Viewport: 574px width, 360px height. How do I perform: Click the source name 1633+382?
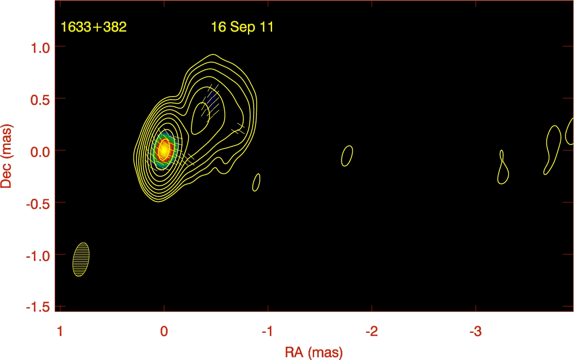pyautogui.click(x=93, y=27)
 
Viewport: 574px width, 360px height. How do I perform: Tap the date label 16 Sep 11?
pyautogui.click(x=242, y=27)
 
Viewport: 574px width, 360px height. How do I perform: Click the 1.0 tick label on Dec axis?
pyautogui.click(x=40, y=48)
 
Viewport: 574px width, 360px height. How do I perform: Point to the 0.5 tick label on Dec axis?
pyautogui.click(x=40, y=100)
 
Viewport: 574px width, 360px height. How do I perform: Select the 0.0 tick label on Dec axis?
pyautogui.click(x=40, y=152)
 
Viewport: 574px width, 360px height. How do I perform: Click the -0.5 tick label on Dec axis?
pyautogui.click(x=38, y=204)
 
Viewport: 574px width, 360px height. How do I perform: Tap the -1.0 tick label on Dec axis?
pyautogui.click(x=38, y=256)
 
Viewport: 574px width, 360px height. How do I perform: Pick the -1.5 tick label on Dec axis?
pyautogui.click(x=38, y=307)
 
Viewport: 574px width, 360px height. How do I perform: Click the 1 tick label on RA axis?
pyautogui.click(x=60, y=331)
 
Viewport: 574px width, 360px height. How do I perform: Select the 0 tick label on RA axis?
pyautogui.click(x=164, y=331)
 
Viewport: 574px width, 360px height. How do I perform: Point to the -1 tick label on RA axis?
pyautogui.click(x=268, y=331)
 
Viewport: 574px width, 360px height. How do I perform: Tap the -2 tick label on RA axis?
pyautogui.click(x=372, y=331)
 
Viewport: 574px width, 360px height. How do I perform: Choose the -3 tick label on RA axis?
pyautogui.click(x=476, y=331)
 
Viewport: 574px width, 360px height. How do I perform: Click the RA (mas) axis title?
pyautogui.click(x=314, y=353)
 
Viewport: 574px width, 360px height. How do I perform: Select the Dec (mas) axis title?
pyautogui.click(x=7, y=156)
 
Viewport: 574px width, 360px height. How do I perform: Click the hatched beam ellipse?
pyautogui.click(x=81, y=259)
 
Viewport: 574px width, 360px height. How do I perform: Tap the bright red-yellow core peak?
pyautogui.click(x=164, y=150)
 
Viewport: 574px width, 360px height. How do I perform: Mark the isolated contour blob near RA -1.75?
pyautogui.click(x=347, y=156)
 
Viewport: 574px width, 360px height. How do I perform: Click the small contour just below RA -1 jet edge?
pyautogui.click(x=256, y=182)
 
